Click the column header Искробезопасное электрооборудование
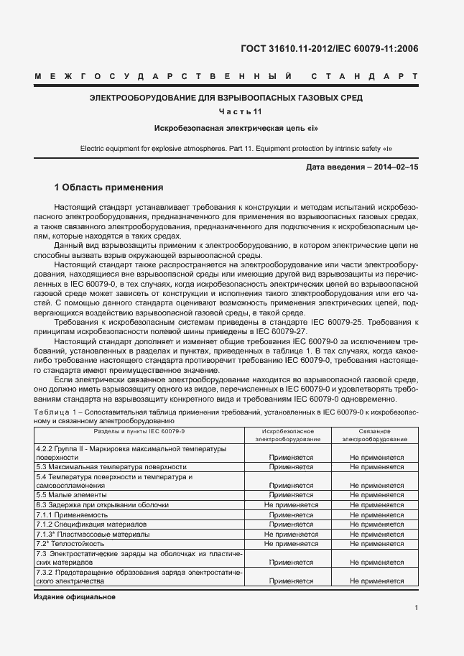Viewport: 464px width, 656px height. pos(290,435)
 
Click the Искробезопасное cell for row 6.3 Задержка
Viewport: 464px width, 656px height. pos(290,505)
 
